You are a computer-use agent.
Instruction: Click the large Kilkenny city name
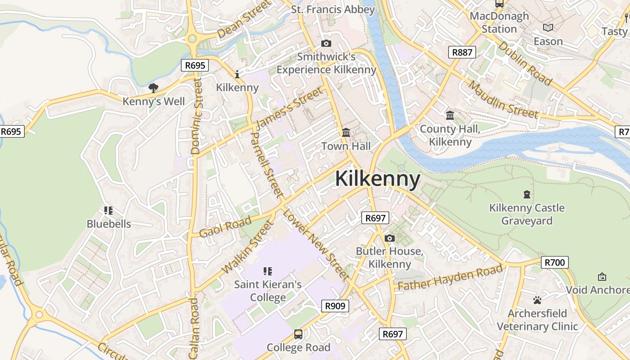click(378, 179)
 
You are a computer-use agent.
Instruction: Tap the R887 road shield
click(462, 52)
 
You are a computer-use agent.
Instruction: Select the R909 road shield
click(336, 306)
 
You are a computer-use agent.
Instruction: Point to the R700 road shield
click(555, 262)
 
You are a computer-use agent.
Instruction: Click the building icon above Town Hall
click(346, 133)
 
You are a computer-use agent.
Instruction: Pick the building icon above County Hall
click(450, 116)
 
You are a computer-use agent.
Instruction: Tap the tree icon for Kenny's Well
click(153, 88)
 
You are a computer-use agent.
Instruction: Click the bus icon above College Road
click(298, 334)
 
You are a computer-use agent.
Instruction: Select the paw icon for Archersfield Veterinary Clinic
click(537, 300)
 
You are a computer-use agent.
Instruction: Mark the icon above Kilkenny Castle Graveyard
click(526, 194)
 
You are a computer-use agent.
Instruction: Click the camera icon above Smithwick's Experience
click(326, 44)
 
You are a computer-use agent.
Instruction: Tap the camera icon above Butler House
click(389, 238)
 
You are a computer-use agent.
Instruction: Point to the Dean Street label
click(245, 19)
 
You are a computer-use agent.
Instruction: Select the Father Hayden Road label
click(450, 278)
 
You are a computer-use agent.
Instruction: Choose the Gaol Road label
click(225, 227)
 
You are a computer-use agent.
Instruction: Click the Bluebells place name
click(109, 224)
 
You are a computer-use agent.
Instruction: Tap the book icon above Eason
click(548, 28)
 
